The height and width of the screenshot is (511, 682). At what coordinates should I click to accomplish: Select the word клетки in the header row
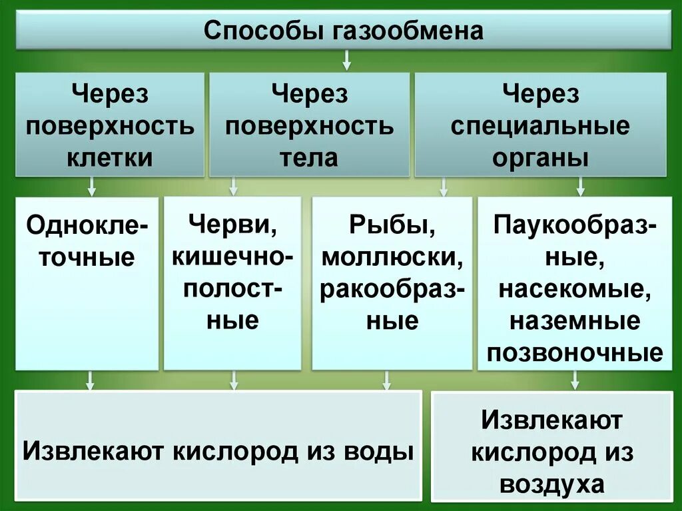pyautogui.click(x=110, y=158)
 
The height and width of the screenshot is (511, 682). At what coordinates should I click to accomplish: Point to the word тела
pyautogui.click(x=310, y=158)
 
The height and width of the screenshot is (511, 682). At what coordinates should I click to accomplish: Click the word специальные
pyautogui.click(x=540, y=126)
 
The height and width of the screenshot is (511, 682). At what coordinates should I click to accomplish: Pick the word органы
pyautogui.click(x=540, y=159)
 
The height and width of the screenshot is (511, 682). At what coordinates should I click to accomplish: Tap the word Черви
pyautogui.click(x=232, y=224)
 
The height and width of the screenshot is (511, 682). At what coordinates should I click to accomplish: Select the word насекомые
pyautogui.click(x=575, y=289)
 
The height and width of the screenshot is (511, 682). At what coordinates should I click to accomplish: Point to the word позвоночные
pyautogui.click(x=575, y=353)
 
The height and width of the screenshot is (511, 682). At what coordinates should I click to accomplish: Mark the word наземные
pyautogui.click(x=575, y=321)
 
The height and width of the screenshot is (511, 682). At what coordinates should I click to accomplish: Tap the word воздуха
pyautogui.click(x=552, y=484)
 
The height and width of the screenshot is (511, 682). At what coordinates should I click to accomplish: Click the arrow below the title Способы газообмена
pyautogui.click(x=346, y=63)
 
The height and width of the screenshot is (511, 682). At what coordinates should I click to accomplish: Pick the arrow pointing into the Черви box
pyautogui.click(x=234, y=187)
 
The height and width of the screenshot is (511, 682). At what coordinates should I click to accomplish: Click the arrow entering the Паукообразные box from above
pyautogui.click(x=580, y=187)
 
